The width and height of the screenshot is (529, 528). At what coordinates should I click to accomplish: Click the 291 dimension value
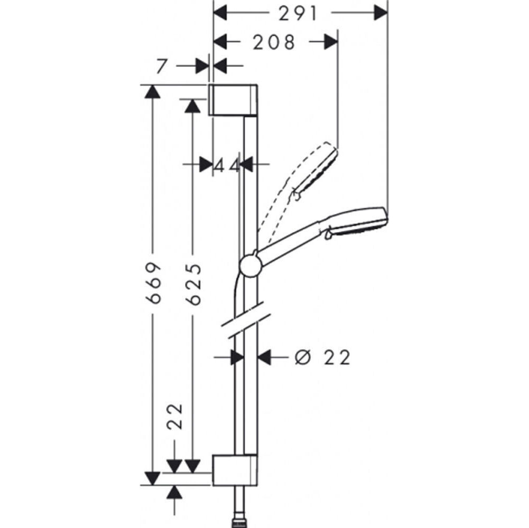pyautogui.click(x=298, y=14)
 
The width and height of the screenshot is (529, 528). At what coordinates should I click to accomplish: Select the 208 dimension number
pyautogui.click(x=274, y=43)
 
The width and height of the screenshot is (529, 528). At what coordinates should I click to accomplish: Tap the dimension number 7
pyautogui.click(x=162, y=67)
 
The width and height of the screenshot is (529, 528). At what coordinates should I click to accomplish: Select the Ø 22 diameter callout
pyautogui.click(x=322, y=357)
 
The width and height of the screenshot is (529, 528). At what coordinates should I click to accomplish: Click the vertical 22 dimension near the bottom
pyautogui.click(x=175, y=416)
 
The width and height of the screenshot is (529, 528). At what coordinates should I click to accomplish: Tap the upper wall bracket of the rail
pyautogui.click(x=233, y=100)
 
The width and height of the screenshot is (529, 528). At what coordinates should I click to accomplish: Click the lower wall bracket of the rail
pyautogui.click(x=235, y=470)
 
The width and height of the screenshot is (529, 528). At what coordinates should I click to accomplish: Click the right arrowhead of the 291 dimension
pyautogui.click(x=381, y=14)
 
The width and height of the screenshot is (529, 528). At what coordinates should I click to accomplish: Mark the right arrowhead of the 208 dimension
pyautogui.click(x=331, y=42)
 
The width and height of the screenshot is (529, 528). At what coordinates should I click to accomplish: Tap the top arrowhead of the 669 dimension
pyautogui.click(x=152, y=92)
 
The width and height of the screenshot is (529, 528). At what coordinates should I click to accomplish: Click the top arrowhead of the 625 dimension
pyautogui.click(x=192, y=106)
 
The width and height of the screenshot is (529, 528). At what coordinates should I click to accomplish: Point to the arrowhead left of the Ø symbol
pyautogui.click(x=264, y=357)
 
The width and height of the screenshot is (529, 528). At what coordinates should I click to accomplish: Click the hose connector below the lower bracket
pyautogui.click(x=239, y=524)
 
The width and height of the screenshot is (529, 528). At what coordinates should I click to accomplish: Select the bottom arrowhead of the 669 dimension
pyautogui.click(x=152, y=478)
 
